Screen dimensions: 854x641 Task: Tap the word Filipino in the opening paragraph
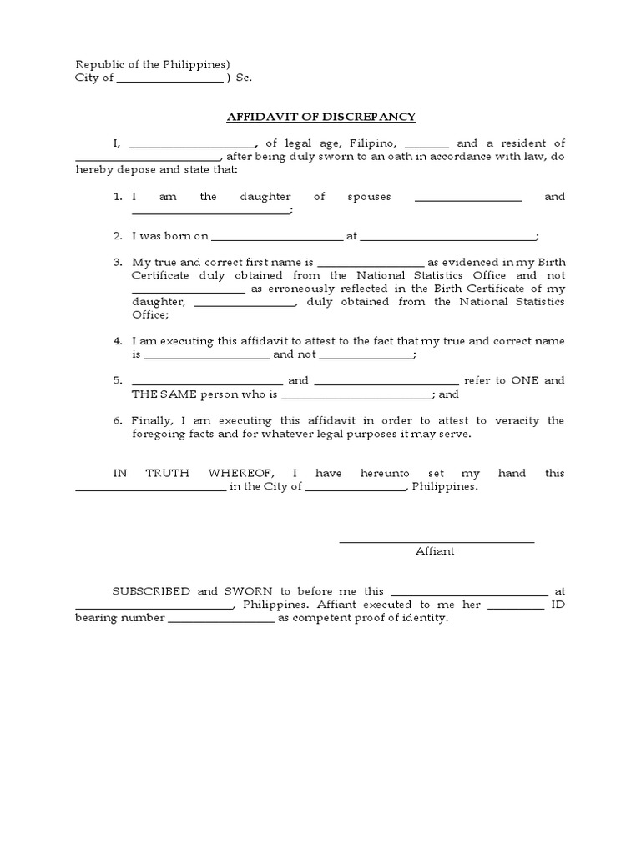point(377,143)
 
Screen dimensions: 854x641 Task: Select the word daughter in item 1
point(265,197)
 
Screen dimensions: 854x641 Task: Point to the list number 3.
point(119,262)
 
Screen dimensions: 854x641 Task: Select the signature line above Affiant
point(436,543)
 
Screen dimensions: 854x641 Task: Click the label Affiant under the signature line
point(435,552)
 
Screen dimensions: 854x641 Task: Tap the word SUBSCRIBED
point(153,591)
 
